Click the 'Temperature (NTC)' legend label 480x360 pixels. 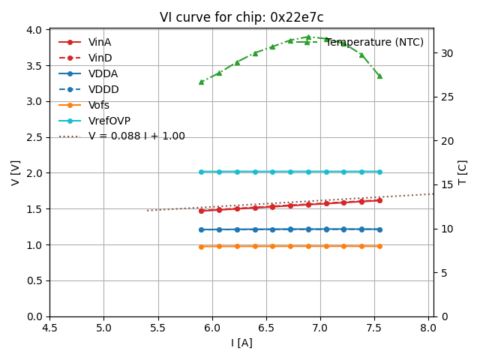tap(375, 42)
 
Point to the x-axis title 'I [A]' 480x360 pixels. tap(241, 343)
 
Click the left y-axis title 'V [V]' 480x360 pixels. tap(15, 172)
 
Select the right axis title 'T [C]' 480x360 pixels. tap(462, 172)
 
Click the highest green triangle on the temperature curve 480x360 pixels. tap(308, 37)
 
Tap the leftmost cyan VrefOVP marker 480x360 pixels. tap(201, 172)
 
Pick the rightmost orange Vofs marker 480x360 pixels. tap(379, 246)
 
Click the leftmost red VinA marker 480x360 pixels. tap(201, 211)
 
